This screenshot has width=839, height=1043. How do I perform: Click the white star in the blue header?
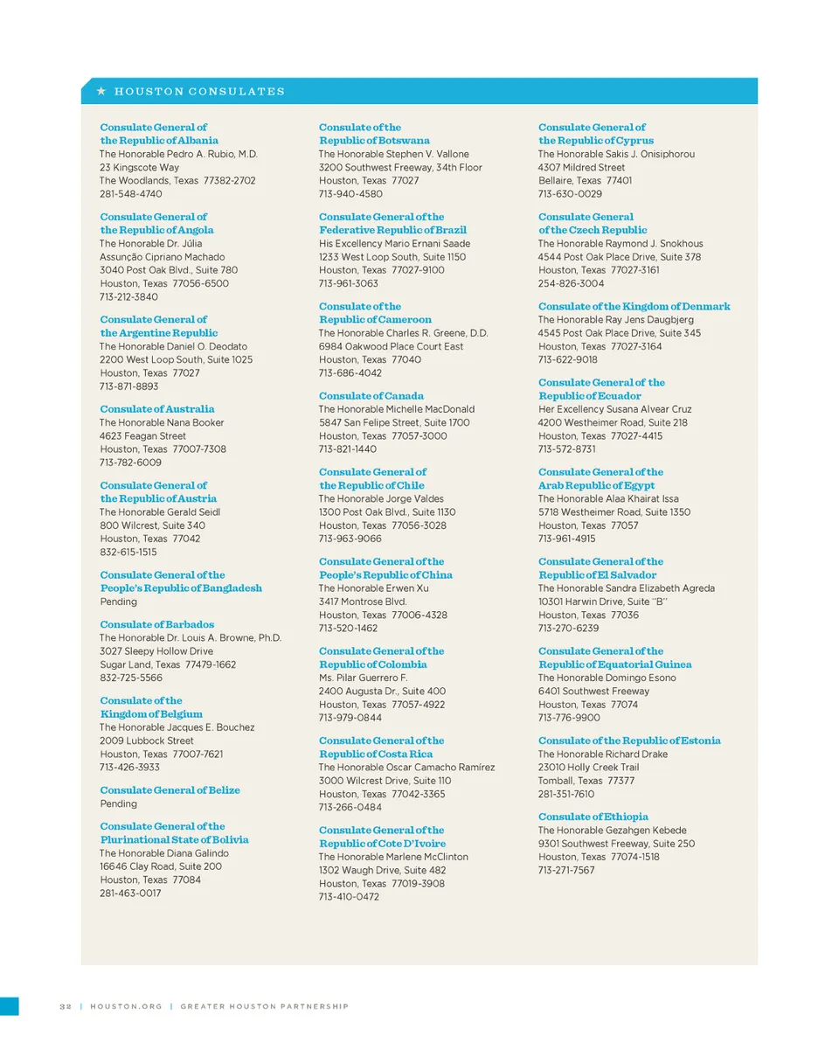(101, 91)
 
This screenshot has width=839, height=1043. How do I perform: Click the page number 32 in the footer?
(65, 1006)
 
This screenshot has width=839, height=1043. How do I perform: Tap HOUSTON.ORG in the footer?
(127, 1006)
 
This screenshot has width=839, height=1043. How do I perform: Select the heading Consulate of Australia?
(156, 409)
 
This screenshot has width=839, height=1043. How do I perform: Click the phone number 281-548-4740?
(130, 194)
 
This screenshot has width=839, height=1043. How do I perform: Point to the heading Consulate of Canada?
(371, 396)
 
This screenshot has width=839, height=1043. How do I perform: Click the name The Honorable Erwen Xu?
(373, 588)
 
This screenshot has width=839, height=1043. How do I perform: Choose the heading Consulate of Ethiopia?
(593, 817)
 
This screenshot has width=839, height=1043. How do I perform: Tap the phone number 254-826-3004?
(571, 284)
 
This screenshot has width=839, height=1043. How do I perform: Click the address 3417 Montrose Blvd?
(363, 601)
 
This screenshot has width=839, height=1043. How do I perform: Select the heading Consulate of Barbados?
(156, 624)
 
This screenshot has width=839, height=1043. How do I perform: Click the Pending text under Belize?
(118, 803)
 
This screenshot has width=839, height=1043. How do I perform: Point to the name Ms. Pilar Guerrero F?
(363, 678)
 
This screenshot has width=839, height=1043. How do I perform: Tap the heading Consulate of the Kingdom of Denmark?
(634, 307)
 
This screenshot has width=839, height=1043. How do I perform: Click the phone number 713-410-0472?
(349, 897)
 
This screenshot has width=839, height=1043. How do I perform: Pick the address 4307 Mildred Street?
(581, 167)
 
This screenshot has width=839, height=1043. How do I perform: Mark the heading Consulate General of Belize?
(170, 790)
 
